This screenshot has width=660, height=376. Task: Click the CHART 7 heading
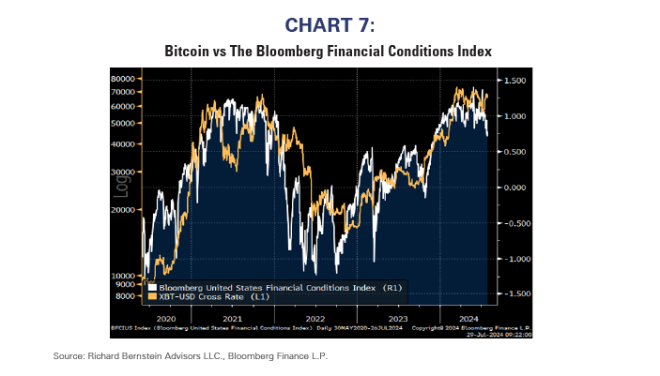pyautogui.click(x=329, y=23)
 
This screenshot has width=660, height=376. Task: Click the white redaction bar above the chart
pyautogui.click(x=157, y=63)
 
